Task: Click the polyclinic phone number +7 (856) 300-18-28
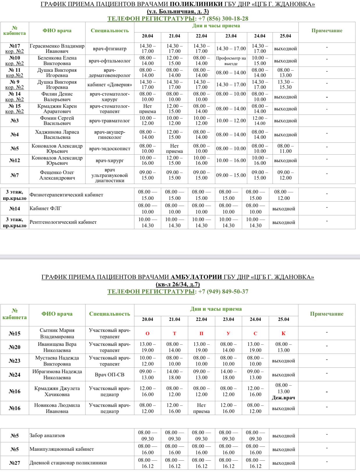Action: tap(223, 19)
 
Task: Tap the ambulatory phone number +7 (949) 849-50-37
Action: tap(223, 291)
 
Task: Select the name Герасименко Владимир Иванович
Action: tap(57, 49)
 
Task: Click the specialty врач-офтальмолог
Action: tap(110, 61)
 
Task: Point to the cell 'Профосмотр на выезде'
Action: tap(231, 61)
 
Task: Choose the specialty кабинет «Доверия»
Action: tap(110, 85)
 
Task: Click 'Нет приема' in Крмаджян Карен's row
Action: tap(147, 109)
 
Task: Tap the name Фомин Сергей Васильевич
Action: tap(57, 121)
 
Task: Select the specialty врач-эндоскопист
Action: tap(110, 148)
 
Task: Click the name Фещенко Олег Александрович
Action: tap(57, 175)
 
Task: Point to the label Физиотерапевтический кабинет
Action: tap(66, 195)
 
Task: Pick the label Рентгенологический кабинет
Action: tap(63, 222)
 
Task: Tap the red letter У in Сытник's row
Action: tap(228, 333)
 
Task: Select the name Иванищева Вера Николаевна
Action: tap(57, 347)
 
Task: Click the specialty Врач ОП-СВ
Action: tap(110, 375)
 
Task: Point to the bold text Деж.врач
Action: tap(283, 398)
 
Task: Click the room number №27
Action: tap(15, 463)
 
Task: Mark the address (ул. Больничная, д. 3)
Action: tap(178, 12)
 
